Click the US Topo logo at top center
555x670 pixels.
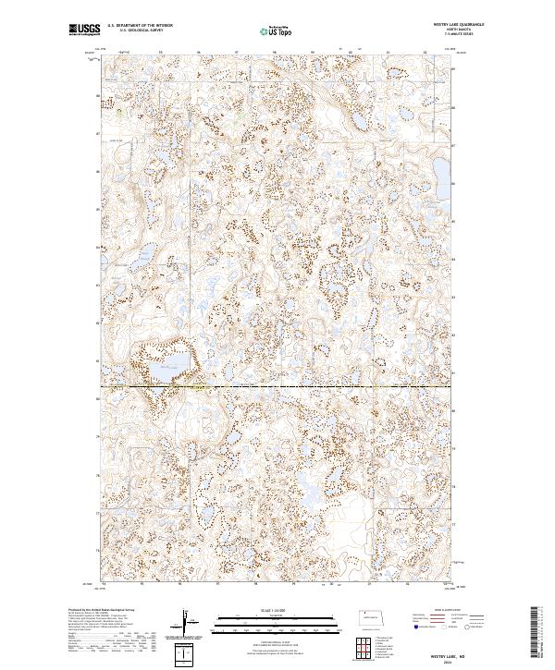point(277,30)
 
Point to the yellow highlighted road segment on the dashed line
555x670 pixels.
point(197,387)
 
